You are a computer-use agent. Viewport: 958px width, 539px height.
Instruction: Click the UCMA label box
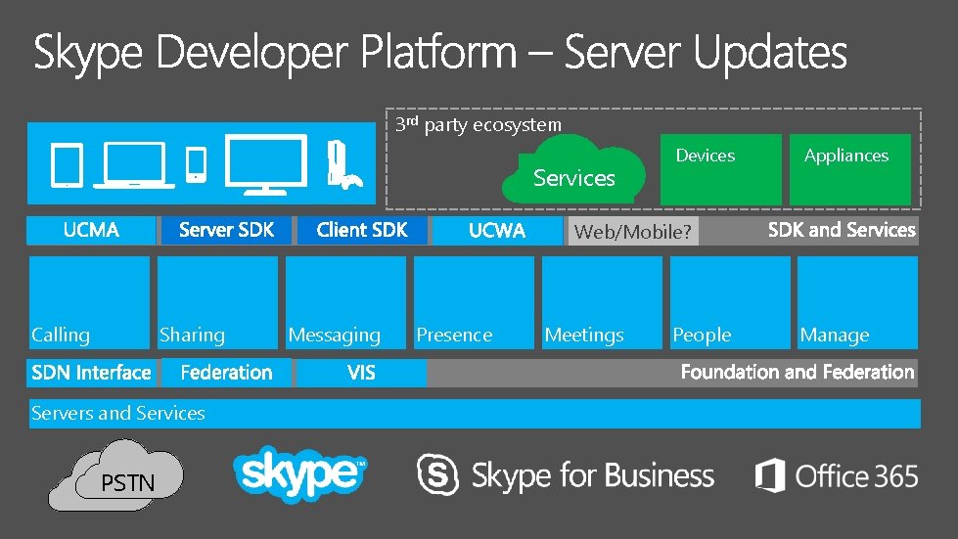91,231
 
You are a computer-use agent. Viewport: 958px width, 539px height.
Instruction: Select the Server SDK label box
226,231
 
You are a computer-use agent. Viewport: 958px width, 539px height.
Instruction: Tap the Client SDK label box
361,231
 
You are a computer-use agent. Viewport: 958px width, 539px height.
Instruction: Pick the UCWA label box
496,231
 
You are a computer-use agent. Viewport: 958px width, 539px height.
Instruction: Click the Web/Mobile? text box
632,232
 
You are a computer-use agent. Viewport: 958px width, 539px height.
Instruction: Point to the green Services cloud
574,170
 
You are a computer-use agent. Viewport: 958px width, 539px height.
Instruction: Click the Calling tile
89,302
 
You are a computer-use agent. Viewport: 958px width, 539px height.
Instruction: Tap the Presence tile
474,302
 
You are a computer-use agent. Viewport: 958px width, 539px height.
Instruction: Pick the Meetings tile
602,302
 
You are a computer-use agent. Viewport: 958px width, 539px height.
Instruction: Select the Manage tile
857,302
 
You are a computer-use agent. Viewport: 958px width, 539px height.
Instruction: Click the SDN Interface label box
91,373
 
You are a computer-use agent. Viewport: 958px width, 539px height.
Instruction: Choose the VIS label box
361,373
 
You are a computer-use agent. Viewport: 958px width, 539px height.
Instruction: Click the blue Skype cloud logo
299,474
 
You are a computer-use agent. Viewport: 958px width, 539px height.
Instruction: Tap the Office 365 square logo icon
770,475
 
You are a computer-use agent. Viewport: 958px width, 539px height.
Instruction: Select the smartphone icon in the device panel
197,163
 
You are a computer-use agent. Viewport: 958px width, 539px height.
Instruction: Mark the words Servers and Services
118,413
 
